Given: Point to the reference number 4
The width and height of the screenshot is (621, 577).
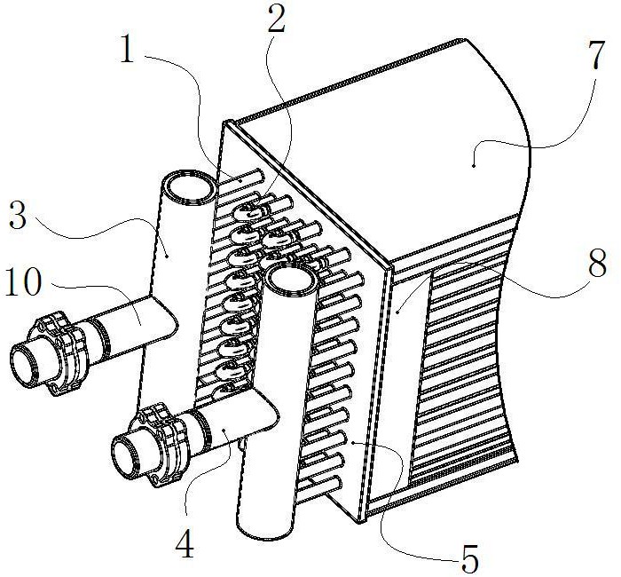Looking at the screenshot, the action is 184,544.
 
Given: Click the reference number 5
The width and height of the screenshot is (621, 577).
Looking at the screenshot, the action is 470,559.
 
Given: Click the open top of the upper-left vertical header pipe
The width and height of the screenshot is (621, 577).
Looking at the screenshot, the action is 189,187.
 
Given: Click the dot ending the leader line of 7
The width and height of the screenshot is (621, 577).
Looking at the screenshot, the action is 475,162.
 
